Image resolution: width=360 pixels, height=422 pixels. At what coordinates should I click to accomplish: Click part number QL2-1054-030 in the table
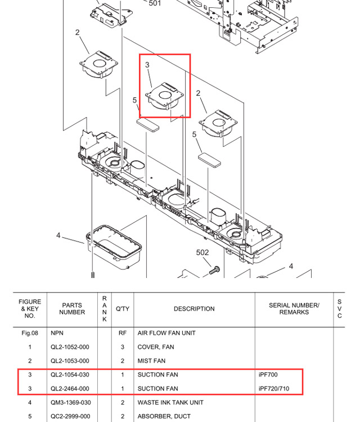tap(70, 375)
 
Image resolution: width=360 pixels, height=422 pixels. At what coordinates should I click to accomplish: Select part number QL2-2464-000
tap(70, 389)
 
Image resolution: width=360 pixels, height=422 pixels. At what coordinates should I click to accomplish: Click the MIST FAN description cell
tap(151, 361)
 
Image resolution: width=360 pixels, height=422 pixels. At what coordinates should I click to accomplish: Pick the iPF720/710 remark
tap(274, 389)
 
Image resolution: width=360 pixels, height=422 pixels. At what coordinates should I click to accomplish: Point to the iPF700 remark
tap(268, 375)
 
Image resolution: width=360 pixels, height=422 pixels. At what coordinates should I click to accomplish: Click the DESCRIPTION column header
tap(193, 309)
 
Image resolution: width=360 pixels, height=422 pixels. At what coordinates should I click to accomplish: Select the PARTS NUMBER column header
tap(72, 309)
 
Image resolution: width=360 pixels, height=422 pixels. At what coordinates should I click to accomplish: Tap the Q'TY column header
tap(123, 309)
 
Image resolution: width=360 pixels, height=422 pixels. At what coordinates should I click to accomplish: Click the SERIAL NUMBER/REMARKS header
tap(294, 309)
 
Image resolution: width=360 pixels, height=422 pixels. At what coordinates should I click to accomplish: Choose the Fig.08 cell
tap(30, 333)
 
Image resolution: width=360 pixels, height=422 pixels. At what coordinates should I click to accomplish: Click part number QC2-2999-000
tap(70, 416)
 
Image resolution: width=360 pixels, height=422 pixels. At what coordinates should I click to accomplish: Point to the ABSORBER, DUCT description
tap(164, 416)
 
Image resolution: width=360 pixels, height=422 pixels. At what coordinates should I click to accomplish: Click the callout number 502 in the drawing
tap(202, 253)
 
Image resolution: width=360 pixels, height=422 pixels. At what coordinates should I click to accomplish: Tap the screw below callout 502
tap(213, 271)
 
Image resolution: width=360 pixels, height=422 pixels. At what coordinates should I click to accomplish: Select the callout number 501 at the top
tap(155, 4)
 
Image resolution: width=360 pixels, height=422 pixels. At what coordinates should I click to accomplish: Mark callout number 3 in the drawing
tap(147, 65)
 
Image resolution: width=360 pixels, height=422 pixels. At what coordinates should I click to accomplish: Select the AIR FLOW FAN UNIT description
tap(166, 333)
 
